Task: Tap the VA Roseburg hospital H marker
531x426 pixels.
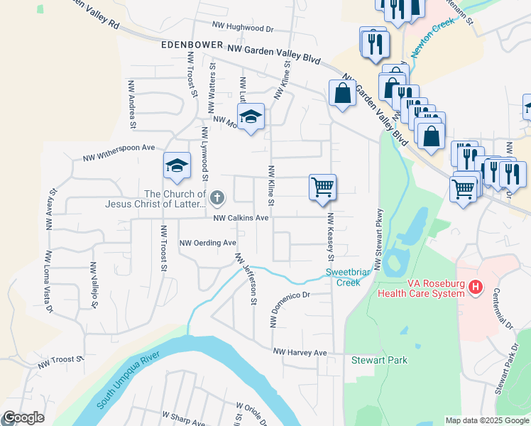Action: pos(476,288)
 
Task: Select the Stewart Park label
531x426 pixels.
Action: pos(380,360)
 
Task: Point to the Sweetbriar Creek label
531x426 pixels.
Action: pos(344,277)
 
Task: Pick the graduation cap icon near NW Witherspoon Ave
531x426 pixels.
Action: pos(177,165)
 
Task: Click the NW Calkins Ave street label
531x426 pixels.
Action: pos(241,218)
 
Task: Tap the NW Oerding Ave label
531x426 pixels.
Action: pos(207,243)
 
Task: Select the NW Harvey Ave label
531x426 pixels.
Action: pos(300,352)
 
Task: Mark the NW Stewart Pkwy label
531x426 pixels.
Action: pos(378,239)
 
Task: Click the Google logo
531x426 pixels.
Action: pos(23,418)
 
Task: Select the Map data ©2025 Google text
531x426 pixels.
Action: pos(486,420)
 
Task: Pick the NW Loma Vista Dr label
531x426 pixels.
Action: pos(49,281)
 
